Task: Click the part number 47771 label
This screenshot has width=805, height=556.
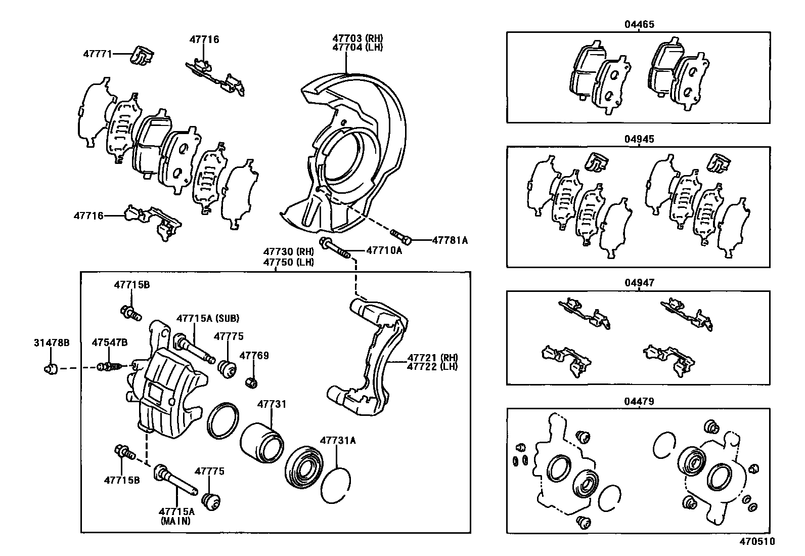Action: tap(97, 54)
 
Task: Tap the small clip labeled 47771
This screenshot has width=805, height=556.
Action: tap(142, 55)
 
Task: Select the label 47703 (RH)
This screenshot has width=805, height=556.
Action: tap(357, 38)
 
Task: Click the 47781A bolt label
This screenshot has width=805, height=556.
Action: tap(450, 241)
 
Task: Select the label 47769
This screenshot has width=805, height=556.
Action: tap(254, 356)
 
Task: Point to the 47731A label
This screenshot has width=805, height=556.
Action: tap(337, 440)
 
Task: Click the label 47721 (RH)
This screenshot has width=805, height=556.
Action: tap(432, 357)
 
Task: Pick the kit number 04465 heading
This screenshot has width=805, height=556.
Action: tap(639, 24)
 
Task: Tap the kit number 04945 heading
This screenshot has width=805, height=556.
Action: tap(639, 139)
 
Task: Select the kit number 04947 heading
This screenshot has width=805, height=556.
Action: tap(639, 283)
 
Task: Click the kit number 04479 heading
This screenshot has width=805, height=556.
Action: tap(639, 402)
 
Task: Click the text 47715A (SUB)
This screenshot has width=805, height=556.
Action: tap(207, 318)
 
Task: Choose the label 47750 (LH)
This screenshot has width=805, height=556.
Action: tap(288, 262)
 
